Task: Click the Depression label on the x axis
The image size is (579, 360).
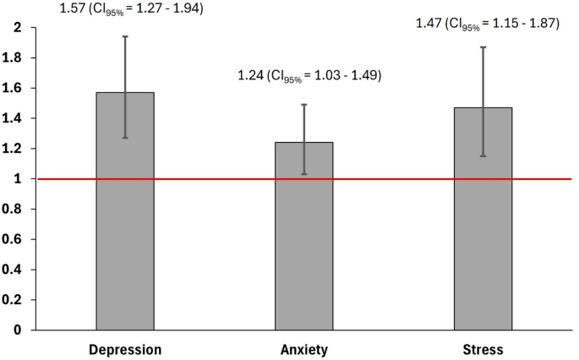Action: [x=125, y=349]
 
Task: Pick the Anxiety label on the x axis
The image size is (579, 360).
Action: [x=304, y=349]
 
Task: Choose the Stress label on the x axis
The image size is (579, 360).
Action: [x=483, y=349]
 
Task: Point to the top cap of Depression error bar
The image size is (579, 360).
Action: [x=125, y=36]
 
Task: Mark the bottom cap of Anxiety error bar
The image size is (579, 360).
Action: [x=304, y=174]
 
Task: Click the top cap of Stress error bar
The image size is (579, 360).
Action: [x=483, y=46]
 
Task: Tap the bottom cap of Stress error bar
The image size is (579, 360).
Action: [x=483, y=156]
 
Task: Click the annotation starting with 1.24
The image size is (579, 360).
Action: [x=310, y=76]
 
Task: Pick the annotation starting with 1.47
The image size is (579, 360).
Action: [x=488, y=24]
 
